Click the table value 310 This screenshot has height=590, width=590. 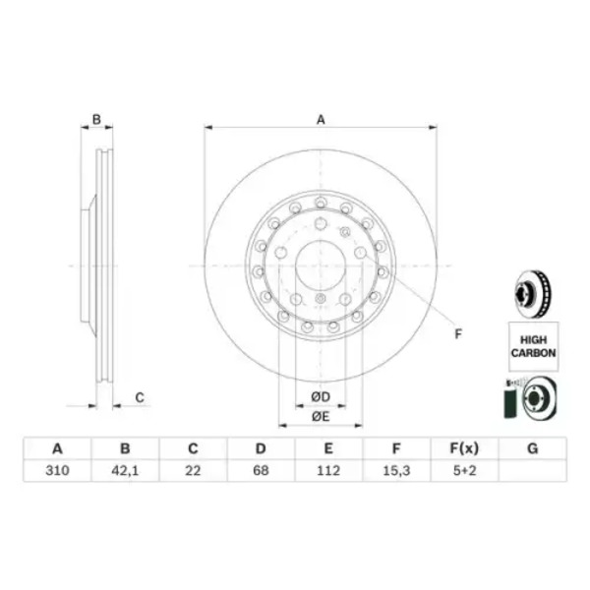57,470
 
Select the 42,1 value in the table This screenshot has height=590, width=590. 125,470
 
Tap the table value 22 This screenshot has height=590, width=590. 193,470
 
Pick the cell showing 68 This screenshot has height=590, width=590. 261,470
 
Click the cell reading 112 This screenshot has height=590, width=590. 328,470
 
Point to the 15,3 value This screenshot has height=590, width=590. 396,470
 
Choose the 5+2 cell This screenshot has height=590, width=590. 464,470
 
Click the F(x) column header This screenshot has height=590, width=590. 464,448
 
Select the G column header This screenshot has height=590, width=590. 532,448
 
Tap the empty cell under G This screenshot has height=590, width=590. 532,470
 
